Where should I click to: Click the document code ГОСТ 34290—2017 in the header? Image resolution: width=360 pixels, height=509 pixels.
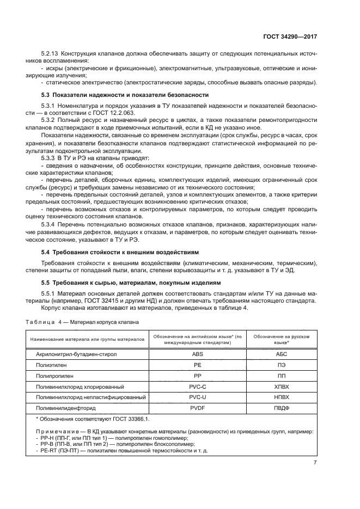[289, 36]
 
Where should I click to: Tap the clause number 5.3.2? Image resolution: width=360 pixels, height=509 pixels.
[49, 119]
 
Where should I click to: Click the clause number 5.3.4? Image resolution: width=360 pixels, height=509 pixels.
[49, 224]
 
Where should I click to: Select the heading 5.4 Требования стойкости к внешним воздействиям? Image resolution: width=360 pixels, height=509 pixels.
[120, 253]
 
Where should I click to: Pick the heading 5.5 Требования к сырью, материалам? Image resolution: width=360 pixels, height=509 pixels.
[131, 283]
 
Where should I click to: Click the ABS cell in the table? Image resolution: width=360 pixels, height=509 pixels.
[198, 354]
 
